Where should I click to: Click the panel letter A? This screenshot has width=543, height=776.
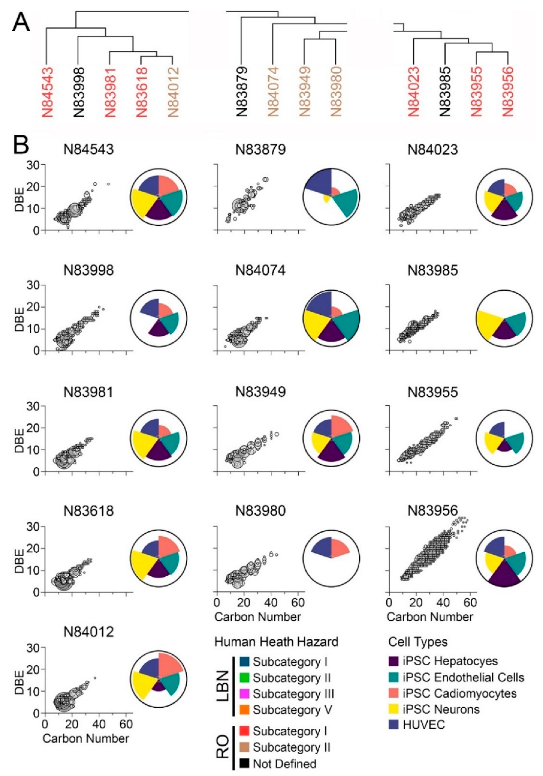(21, 23)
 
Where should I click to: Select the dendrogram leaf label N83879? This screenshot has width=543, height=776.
(242, 92)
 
